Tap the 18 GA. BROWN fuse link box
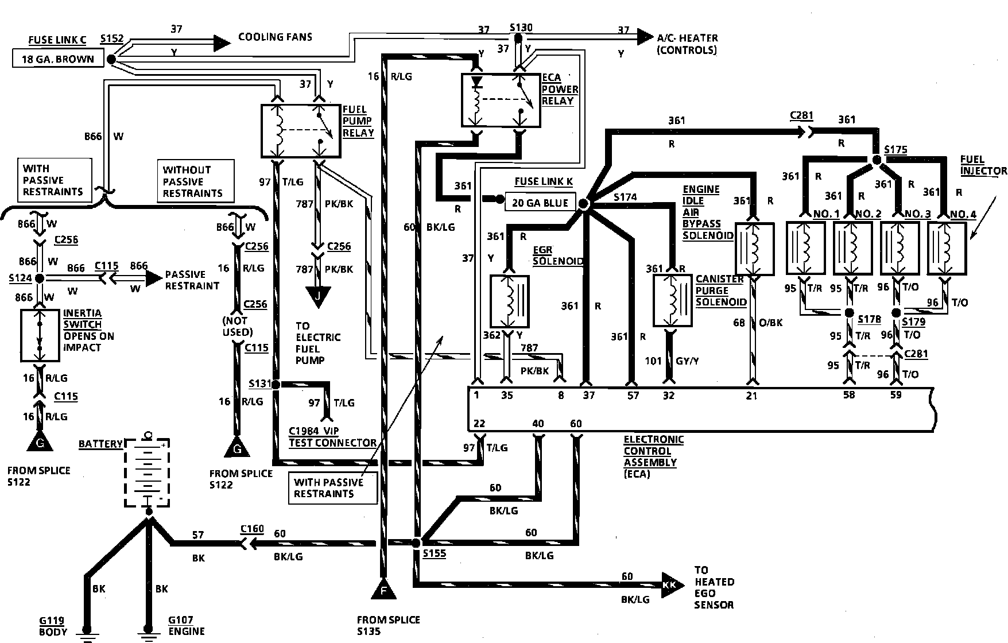(58, 59)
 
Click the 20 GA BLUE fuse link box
(541, 202)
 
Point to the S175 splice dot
(877, 160)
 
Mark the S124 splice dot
(40, 278)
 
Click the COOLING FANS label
(275, 37)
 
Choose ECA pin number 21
(751, 396)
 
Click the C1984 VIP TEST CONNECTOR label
(332, 436)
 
